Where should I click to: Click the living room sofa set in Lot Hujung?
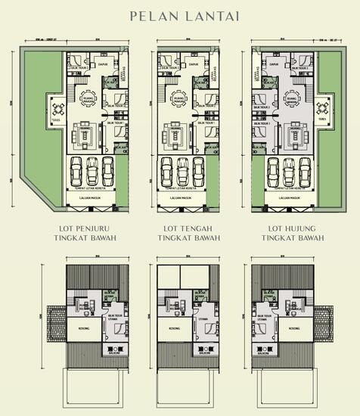[291, 137]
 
